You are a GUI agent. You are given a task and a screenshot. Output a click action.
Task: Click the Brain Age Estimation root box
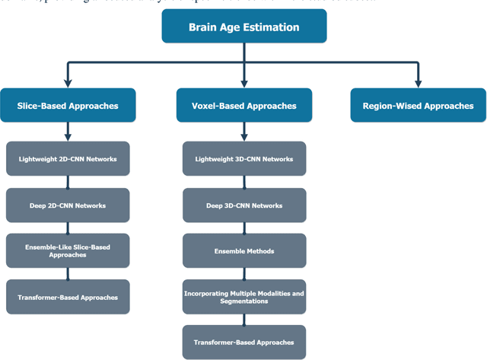243,27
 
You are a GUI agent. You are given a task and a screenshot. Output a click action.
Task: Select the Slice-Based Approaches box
68,106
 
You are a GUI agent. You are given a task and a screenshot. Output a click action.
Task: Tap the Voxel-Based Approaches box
243,106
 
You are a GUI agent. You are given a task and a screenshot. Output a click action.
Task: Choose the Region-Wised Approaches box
418,106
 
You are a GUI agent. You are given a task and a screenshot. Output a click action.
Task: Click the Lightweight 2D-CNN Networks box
68,159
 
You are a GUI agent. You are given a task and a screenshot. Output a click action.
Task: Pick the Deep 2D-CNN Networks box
68,205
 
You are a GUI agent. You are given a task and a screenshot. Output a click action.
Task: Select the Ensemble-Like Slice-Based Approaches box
68,251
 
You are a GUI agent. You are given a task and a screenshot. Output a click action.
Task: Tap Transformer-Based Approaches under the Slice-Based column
68,297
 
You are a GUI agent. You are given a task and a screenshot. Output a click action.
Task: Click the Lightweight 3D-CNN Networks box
243,159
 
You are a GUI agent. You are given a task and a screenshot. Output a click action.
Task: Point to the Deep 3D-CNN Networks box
243,205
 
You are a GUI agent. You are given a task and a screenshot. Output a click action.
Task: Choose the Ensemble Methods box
243,250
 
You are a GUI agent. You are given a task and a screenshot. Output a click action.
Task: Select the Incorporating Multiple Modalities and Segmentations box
243,296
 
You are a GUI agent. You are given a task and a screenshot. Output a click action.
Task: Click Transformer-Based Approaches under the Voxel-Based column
243,342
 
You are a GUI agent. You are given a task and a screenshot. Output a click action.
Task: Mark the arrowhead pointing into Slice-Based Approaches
68,83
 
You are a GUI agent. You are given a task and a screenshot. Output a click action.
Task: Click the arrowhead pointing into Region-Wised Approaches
418,83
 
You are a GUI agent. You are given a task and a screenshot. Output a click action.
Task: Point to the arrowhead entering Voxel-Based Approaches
243,83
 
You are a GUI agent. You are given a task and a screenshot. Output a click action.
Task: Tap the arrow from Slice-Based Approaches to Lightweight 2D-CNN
68,132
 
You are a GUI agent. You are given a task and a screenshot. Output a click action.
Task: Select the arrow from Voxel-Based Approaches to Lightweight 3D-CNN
243,132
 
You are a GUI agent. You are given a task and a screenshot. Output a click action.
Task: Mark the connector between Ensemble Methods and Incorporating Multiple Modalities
243,273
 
